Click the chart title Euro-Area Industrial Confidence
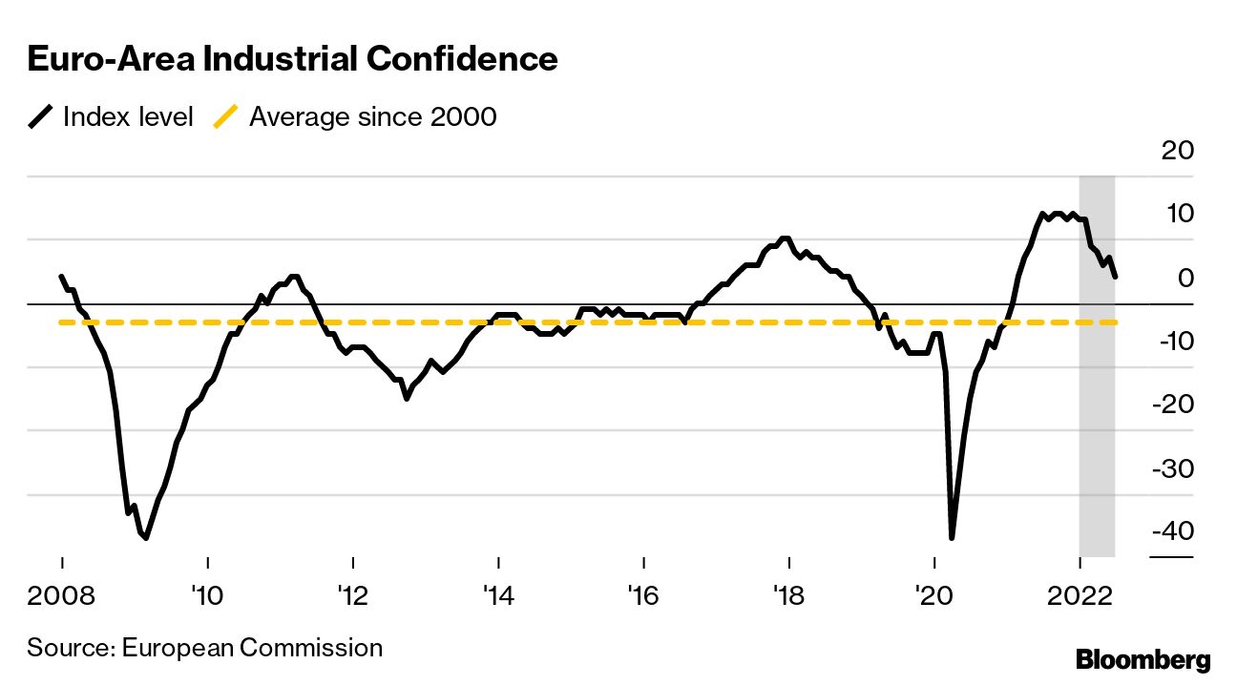tap(292, 59)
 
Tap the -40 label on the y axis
tap(1170, 531)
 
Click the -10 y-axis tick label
tap(1170, 341)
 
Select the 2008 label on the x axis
tap(62, 597)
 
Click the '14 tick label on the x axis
tap(498, 597)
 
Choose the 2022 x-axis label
tap(1080, 597)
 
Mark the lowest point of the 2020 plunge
tap(952, 538)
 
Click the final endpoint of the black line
tap(1116, 277)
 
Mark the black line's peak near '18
tap(786, 239)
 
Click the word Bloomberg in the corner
tap(1143, 659)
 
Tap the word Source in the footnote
tap(69, 648)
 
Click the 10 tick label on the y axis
tap(1175, 214)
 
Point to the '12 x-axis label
tap(353, 597)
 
